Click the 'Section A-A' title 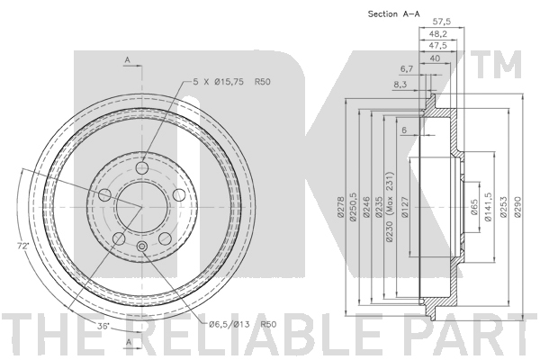point(393,14)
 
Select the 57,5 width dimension point(441,22)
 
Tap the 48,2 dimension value point(437,34)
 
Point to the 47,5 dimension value point(437,46)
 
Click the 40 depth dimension point(435,58)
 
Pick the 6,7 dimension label point(407,69)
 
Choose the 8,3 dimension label point(399,84)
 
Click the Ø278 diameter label point(340,207)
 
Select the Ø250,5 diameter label point(353,206)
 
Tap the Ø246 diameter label point(366,207)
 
